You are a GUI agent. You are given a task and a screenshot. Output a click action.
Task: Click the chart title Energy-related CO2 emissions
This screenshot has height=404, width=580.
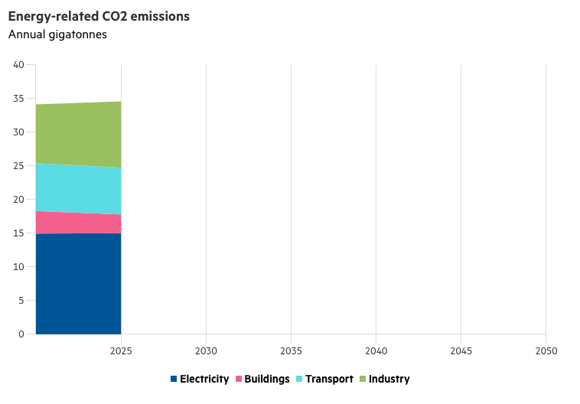coord(99,16)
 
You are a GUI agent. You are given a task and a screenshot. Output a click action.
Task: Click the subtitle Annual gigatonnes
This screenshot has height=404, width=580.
coord(57,34)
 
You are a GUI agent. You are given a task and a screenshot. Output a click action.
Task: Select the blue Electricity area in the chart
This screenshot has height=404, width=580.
coord(78,283)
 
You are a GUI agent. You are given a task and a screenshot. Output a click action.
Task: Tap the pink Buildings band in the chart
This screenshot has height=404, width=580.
coord(78,223)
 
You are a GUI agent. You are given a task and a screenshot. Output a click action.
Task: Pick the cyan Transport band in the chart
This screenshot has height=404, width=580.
coord(78,189)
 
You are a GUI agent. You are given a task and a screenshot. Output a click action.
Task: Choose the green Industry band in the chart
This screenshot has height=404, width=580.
coord(78,134)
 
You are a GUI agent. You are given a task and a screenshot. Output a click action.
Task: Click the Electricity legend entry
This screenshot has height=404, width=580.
coord(199,379)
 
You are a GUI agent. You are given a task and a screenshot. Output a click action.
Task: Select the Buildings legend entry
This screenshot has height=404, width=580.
coord(262,379)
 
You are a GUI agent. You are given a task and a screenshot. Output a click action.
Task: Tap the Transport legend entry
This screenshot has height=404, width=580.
coord(324,379)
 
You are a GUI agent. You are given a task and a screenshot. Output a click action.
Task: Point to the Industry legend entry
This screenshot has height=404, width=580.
coord(384,379)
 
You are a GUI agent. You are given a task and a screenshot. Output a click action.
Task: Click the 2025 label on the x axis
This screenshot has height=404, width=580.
coord(121,350)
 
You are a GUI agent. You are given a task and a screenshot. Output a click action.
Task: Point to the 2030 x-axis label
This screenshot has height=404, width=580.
coord(206,350)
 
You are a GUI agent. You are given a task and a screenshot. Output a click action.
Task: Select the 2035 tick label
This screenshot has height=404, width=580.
coord(291,350)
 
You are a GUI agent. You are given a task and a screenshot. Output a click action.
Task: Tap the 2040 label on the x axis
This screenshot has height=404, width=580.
coord(376,350)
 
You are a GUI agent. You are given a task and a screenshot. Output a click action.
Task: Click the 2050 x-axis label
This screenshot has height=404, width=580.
coord(546,350)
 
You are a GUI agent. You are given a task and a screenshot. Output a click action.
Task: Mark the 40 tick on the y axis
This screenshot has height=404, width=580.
coord(19,64)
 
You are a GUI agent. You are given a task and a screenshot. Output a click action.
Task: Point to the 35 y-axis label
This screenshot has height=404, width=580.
coord(19,98)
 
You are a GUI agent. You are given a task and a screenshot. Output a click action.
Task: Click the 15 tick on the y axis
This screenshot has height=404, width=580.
coord(19,233)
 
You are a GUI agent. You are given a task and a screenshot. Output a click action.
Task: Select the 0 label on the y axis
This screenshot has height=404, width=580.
coord(21,334)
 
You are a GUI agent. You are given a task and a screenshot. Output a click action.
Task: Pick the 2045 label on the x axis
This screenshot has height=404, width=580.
coord(461,350)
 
